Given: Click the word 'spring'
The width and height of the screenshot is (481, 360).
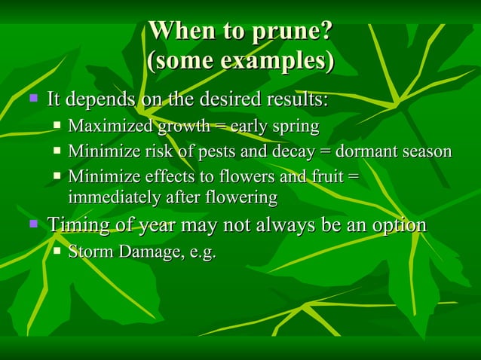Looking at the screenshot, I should [295, 127].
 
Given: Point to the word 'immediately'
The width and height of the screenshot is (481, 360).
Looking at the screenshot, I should [113, 197].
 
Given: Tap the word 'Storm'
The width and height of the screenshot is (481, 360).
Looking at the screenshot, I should [90, 251].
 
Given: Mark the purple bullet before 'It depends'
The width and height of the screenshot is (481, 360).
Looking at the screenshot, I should [32, 98].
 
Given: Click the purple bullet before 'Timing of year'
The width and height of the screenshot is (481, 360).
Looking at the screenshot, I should [32, 224].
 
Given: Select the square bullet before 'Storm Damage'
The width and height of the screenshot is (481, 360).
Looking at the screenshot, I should [57, 250].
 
